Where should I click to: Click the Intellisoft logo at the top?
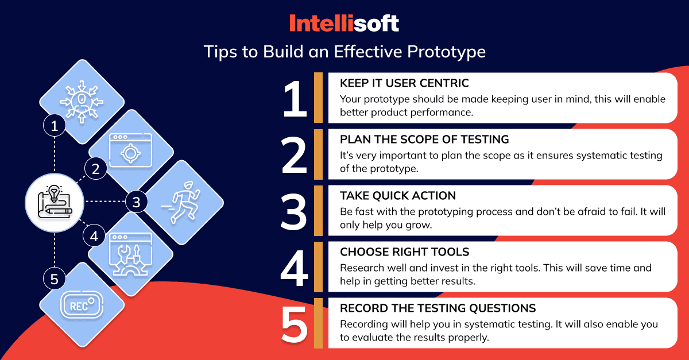click(x=344, y=23)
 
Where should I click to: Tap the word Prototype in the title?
click(x=446, y=52)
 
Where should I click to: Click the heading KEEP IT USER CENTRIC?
click(x=404, y=83)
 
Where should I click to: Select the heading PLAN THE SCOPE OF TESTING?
click(x=424, y=140)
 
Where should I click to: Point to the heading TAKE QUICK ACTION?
click(x=398, y=196)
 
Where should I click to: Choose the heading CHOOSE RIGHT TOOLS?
click(x=404, y=252)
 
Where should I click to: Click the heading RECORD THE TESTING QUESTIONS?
click(x=438, y=308)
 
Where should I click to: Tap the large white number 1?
click(x=295, y=98)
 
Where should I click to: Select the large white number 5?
click(x=295, y=324)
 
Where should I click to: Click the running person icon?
click(x=181, y=202)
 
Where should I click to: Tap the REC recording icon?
click(x=82, y=305)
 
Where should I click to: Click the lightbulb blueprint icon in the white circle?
click(x=55, y=202)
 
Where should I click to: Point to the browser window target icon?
click(x=130, y=150)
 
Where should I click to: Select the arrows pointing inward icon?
click(x=82, y=102)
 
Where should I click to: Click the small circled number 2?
click(x=96, y=169)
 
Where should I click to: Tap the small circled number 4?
click(x=94, y=236)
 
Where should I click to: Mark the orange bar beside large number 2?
click(x=318, y=154)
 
